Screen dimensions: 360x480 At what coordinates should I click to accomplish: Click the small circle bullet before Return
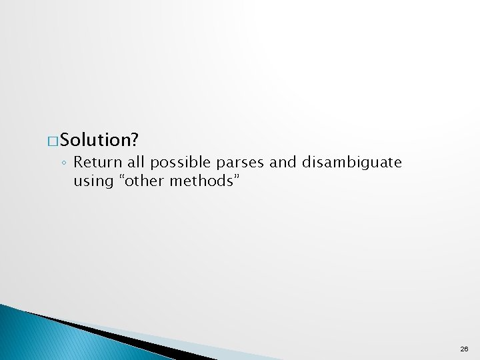tap(65, 163)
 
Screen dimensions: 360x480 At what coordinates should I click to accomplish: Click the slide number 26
tap(464, 349)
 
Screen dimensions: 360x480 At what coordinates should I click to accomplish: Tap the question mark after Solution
tap(134, 140)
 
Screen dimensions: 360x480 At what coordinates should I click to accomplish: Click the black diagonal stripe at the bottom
tap(100, 333)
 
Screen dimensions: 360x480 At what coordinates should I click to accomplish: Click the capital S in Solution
tap(66, 141)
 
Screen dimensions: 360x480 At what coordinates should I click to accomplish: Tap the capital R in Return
tap(78, 162)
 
